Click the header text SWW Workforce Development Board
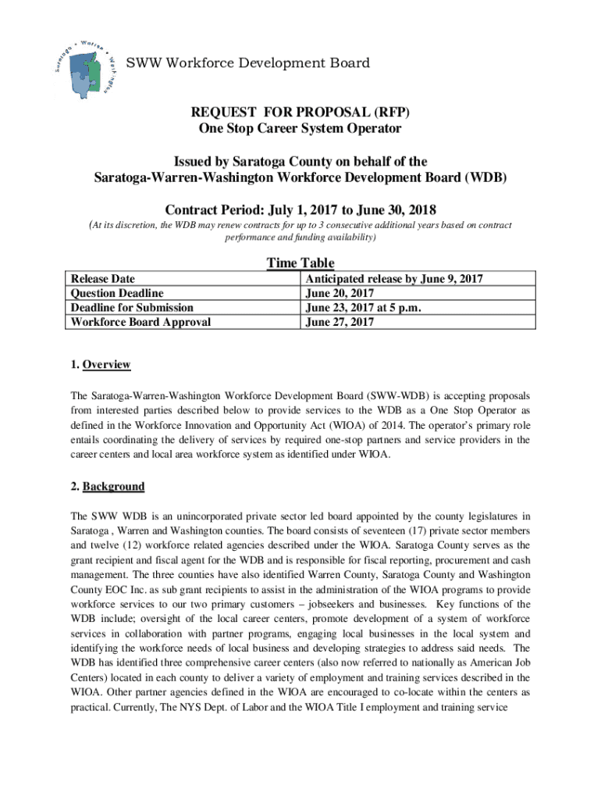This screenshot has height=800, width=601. [x=248, y=62]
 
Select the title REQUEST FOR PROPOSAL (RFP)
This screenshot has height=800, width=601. [x=301, y=112]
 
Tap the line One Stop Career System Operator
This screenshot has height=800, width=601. [x=301, y=128]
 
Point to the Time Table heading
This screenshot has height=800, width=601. [x=300, y=263]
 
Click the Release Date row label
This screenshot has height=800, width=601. [x=103, y=279]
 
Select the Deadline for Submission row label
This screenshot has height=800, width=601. [x=132, y=307]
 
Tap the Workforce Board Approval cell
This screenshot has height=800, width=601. [x=140, y=321]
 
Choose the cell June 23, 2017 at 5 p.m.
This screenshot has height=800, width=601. [x=364, y=307]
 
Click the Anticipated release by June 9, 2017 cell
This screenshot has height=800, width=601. [x=394, y=279]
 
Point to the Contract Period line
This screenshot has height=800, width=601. [x=301, y=210]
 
